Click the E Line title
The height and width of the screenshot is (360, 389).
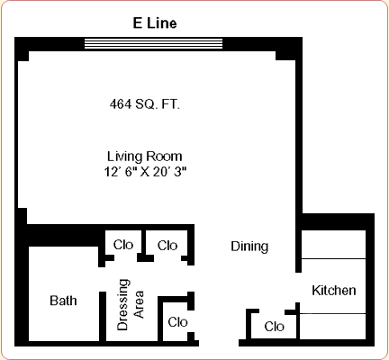tap(155, 23)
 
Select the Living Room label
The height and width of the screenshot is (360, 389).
tap(145, 157)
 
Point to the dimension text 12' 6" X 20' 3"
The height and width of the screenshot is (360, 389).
tap(145, 172)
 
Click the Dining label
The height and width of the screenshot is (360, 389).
tap(249, 247)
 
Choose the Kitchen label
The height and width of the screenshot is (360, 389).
tap(334, 291)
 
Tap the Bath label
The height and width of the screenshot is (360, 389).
tap(63, 301)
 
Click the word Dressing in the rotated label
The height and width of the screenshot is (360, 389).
tap(123, 305)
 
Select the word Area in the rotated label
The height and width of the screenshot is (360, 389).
tap(139, 304)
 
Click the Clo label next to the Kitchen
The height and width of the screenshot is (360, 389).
tap(274, 327)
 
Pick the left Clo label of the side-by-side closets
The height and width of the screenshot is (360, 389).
tap(123, 245)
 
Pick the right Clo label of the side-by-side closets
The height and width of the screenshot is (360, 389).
tap(167, 246)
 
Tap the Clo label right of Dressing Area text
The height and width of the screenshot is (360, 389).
tap(177, 322)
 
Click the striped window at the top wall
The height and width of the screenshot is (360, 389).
tap(153, 43)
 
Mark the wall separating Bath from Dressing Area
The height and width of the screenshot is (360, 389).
tap(103, 317)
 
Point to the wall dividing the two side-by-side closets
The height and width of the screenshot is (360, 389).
tap(144, 246)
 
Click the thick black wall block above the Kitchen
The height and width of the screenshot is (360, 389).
tap(338, 222)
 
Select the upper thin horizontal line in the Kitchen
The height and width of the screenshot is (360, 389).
tap(333, 258)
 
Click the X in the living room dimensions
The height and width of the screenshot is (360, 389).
tap(145, 173)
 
